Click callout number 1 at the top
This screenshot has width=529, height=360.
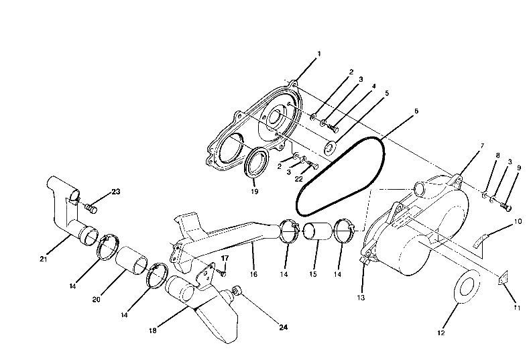(x=319, y=53)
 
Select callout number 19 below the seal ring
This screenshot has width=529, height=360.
(x=255, y=191)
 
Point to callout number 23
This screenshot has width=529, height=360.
(x=115, y=192)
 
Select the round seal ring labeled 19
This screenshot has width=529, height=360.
(x=257, y=164)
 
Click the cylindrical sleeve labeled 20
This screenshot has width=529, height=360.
(x=133, y=264)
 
